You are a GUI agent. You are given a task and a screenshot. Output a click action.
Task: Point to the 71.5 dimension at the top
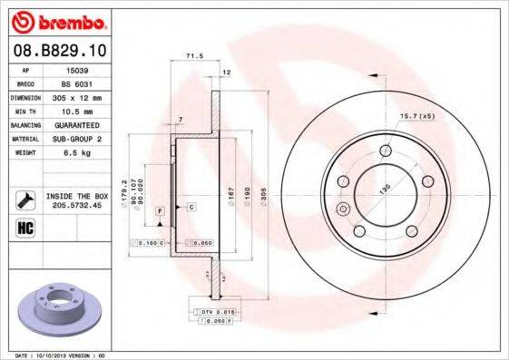[192, 57]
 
